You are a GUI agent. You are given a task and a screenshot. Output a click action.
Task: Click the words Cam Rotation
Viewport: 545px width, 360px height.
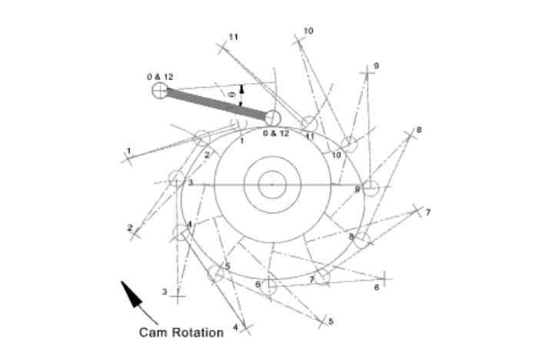coord(181,332)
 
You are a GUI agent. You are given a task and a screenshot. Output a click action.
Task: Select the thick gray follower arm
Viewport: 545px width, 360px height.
coord(216,105)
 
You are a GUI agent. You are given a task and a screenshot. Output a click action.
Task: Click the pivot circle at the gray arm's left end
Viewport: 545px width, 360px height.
coord(160,92)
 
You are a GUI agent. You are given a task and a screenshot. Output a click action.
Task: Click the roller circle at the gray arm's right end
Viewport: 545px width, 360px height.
coord(271,117)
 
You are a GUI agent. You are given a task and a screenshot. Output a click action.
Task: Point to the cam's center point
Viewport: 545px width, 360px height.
coord(271,185)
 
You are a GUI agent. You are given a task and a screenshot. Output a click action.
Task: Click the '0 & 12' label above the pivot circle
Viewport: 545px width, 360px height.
coord(160,77)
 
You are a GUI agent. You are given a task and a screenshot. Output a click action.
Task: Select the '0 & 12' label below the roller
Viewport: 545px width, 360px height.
coord(276,133)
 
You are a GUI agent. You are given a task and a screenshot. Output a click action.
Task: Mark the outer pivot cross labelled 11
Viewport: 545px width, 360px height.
coord(224,47)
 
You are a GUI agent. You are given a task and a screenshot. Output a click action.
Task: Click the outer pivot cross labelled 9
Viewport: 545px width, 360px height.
coord(370,70)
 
